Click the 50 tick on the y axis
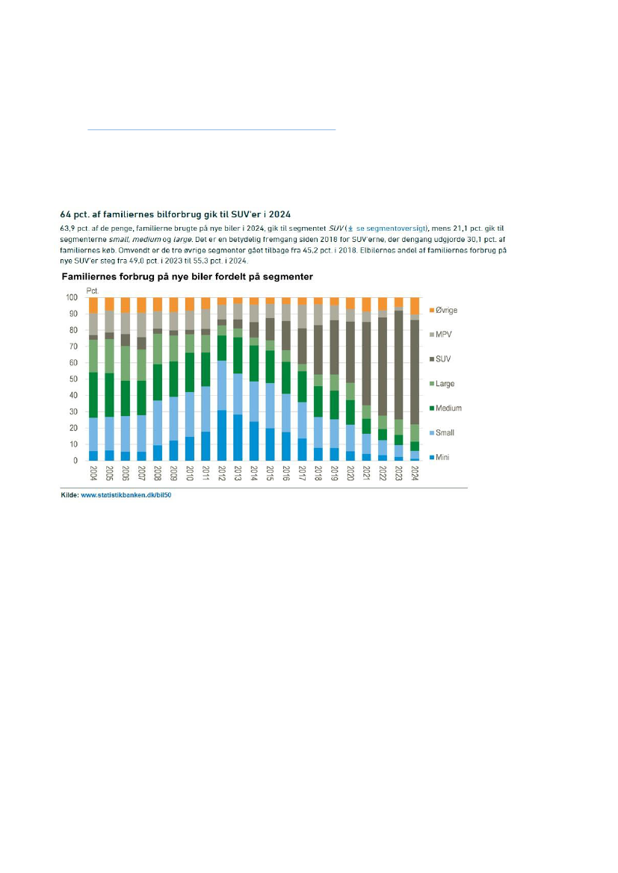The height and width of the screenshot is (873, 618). coord(73,379)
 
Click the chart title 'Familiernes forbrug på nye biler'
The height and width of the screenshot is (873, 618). coord(187,276)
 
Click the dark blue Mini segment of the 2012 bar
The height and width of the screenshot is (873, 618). coord(222,435)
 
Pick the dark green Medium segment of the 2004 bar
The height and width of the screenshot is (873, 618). coord(93,394)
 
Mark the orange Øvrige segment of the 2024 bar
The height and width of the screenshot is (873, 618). coord(415,305)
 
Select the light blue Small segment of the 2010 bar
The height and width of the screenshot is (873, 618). coord(190,414)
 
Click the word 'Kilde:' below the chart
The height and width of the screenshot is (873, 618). coord(69,494)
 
